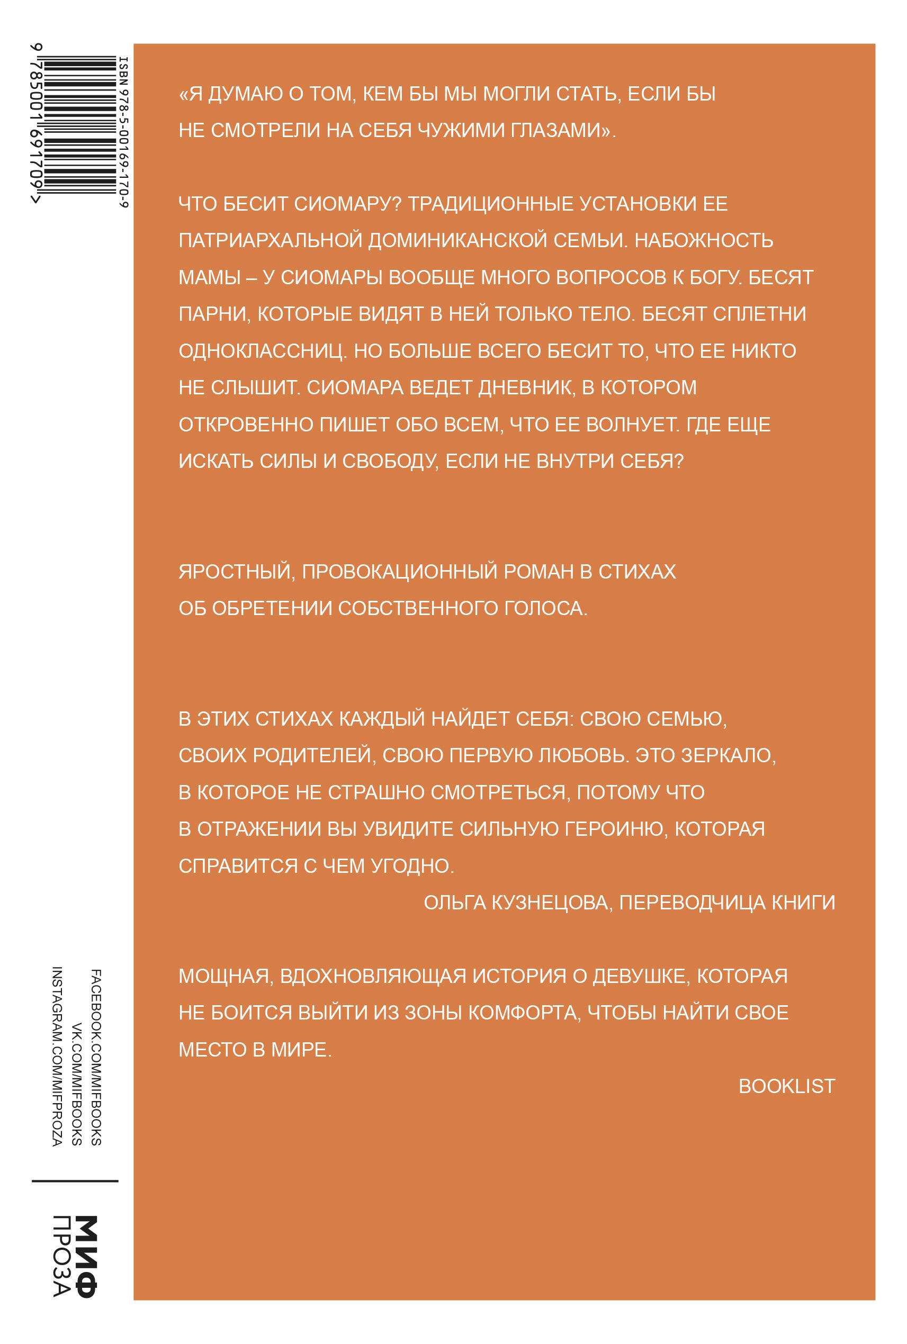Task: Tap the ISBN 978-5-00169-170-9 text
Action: [x=123, y=132]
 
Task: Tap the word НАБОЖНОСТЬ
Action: [x=703, y=240]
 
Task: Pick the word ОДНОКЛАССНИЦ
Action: [x=262, y=351]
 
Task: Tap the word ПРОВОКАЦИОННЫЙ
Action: [x=400, y=571]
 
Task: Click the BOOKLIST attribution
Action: [x=787, y=1086]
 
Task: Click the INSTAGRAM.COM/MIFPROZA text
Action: [x=57, y=1057]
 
